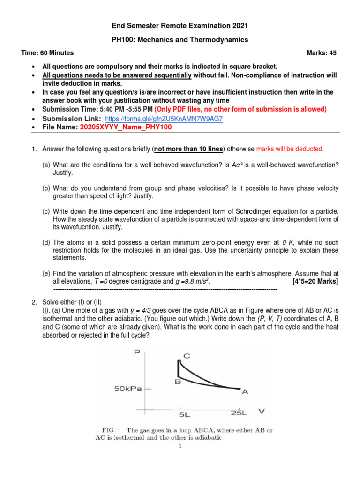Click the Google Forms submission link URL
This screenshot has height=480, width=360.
click(164, 119)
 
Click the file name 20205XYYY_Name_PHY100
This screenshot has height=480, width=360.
click(126, 127)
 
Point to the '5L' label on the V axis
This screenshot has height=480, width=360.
click(184, 414)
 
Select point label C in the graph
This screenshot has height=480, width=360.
click(187, 356)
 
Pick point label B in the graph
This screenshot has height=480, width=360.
click(178, 382)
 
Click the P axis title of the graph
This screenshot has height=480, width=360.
click(137, 352)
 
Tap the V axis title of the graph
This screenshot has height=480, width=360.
click(262, 412)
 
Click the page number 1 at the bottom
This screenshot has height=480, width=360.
click(180, 447)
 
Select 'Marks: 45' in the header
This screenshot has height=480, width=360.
click(322, 53)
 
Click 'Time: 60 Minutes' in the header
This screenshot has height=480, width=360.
click(47, 53)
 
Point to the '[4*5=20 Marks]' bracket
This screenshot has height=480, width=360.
click(315, 281)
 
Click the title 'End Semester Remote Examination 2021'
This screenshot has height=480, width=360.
click(180, 26)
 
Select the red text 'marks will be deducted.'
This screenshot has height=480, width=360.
click(290, 149)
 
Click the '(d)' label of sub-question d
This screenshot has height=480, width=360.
click(46, 242)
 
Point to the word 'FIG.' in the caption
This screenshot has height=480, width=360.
click(109, 430)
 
